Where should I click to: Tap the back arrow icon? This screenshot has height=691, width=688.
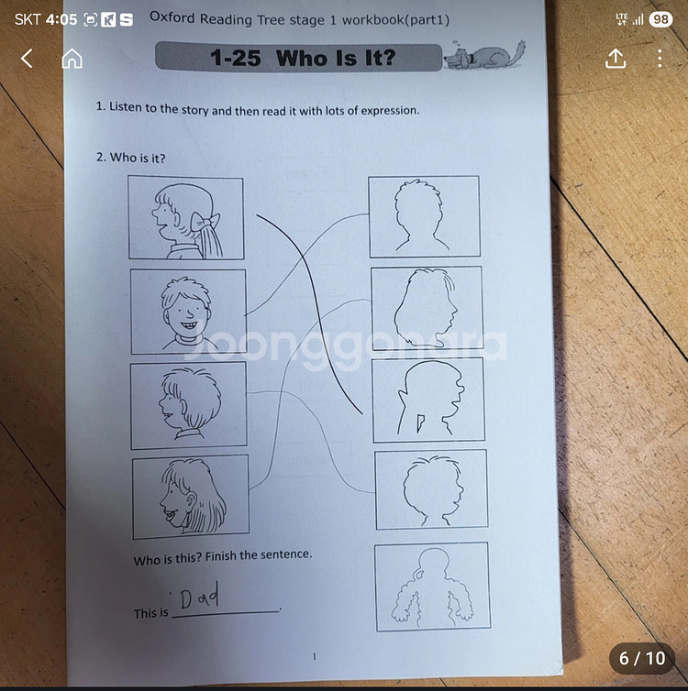(x=27, y=58)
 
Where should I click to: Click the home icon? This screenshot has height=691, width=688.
(x=72, y=58)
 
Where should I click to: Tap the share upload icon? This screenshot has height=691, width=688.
(x=616, y=58)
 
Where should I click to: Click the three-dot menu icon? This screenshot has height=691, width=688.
(x=660, y=58)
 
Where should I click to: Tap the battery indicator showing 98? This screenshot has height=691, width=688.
(x=660, y=19)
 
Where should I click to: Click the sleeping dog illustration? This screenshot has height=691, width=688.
(x=484, y=55)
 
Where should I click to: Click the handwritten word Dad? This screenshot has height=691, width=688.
(x=199, y=595)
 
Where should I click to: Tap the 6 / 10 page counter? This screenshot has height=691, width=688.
(x=642, y=658)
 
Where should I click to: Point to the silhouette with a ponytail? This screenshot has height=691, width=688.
(x=430, y=399)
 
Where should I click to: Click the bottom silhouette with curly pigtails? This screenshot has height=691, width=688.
(x=432, y=587)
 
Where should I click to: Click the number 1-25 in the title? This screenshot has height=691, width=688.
(x=235, y=58)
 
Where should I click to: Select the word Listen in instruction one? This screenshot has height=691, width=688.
(x=124, y=106)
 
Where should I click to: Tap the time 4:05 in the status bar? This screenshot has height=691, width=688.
(x=61, y=19)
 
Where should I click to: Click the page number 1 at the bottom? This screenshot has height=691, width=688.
(x=315, y=656)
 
